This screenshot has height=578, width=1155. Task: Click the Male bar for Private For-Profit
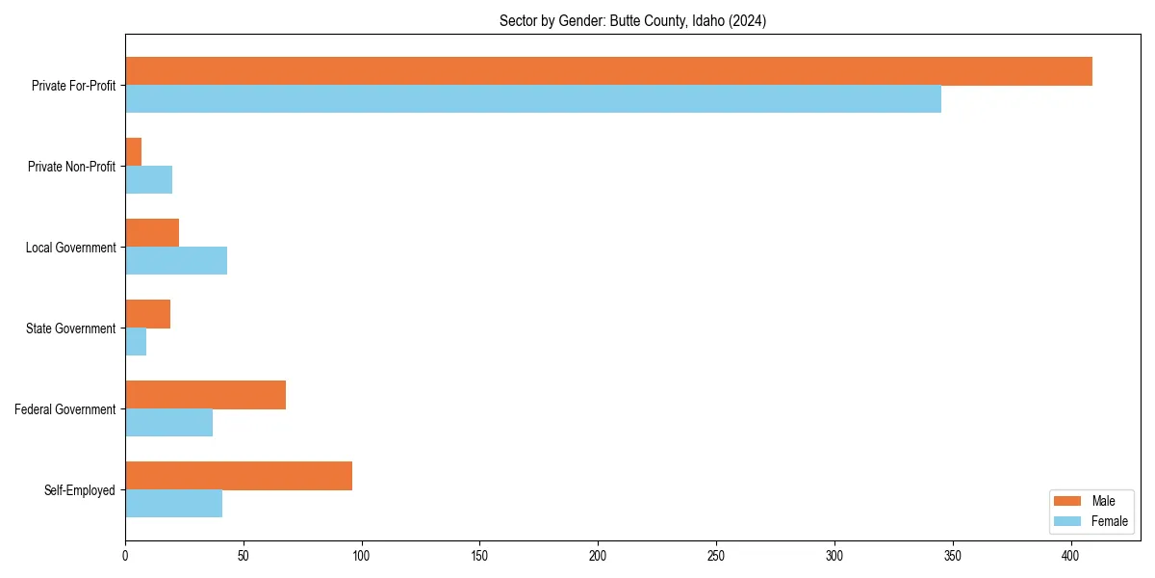(608, 71)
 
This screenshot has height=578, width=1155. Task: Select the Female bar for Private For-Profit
(533, 99)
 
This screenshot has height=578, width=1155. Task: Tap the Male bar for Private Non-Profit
(134, 152)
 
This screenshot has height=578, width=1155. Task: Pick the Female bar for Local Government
(176, 261)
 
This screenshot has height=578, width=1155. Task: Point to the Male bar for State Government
(148, 314)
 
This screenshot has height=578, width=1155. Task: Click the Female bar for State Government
(136, 342)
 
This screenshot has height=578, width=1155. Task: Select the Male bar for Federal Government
(206, 395)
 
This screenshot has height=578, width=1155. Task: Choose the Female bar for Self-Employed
(174, 504)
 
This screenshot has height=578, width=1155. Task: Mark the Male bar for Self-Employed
(239, 476)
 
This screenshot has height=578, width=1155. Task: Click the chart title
(632, 21)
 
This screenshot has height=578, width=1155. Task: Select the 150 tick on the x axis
(480, 557)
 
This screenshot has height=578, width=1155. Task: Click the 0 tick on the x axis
(125, 557)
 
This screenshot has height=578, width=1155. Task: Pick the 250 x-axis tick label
(716, 557)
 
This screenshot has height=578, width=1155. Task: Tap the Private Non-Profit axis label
(71, 167)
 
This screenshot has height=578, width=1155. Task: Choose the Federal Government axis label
(65, 409)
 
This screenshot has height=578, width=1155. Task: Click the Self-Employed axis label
(80, 490)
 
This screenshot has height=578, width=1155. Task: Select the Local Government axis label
(71, 248)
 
